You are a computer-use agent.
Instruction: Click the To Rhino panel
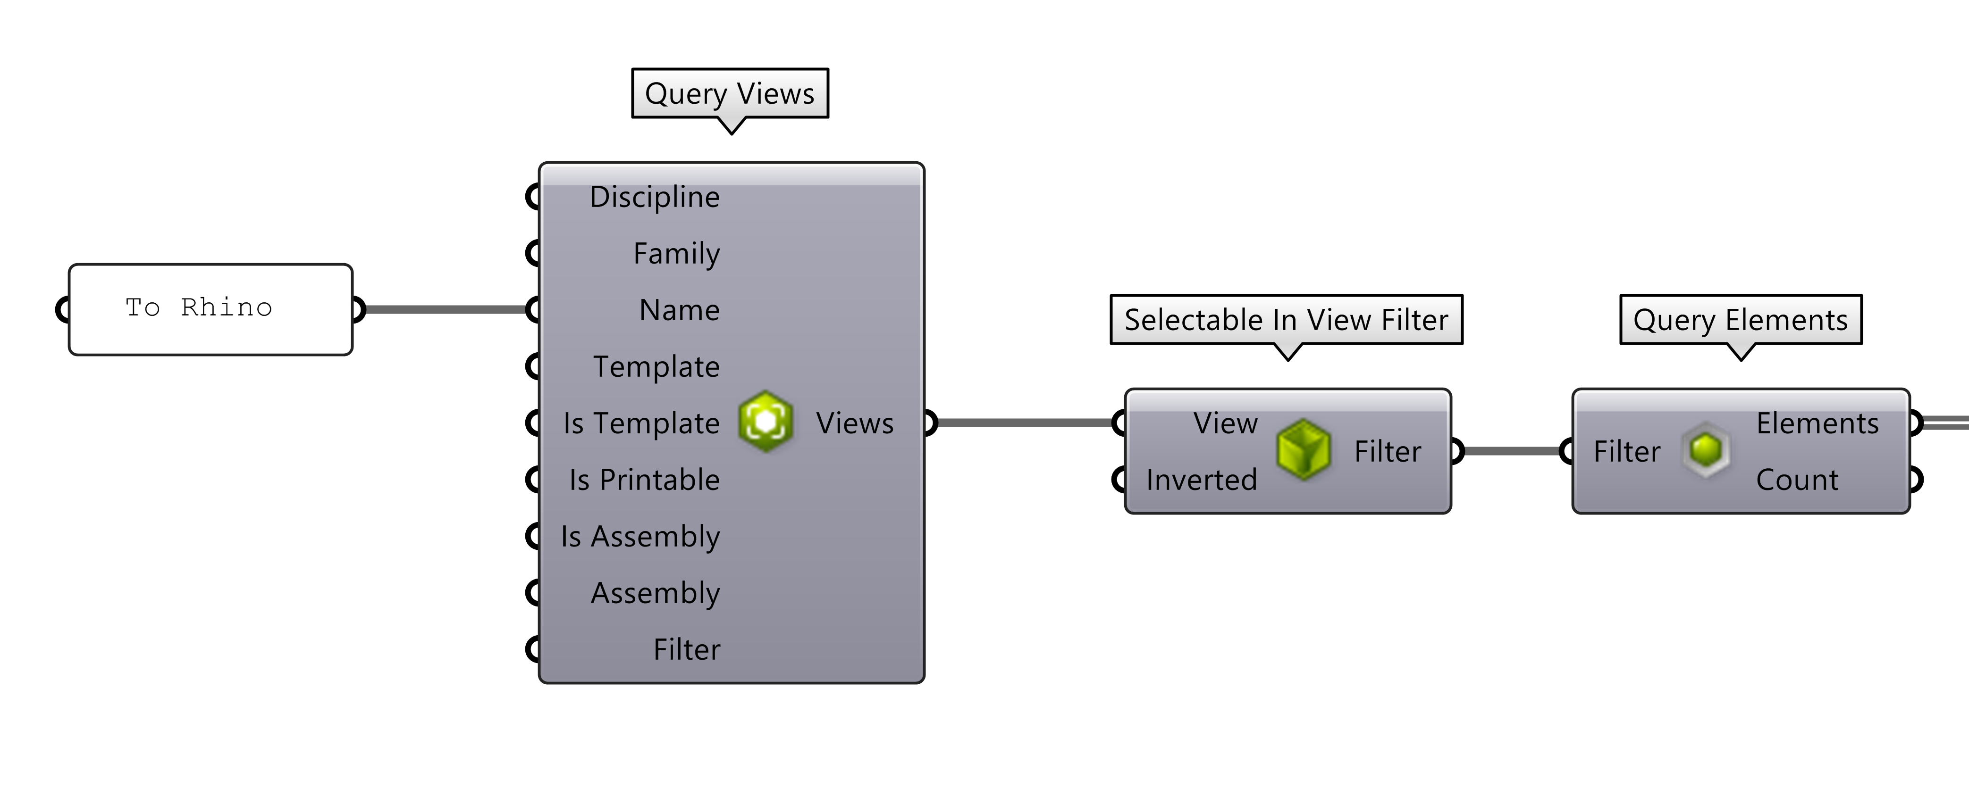(210, 309)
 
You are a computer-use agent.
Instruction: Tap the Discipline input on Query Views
(654, 197)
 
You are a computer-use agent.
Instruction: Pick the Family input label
(676, 254)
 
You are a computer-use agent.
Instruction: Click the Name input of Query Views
(679, 310)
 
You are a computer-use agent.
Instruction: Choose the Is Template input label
(641, 423)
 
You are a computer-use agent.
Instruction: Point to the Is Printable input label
(644, 480)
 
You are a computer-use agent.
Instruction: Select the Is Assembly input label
(640, 536)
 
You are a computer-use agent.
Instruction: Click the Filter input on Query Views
(686, 649)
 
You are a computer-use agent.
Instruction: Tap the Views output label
(855, 423)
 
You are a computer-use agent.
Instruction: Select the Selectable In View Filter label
(1287, 320)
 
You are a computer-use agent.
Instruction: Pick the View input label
(1225, 423)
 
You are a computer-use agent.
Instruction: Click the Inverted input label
(1202, 480)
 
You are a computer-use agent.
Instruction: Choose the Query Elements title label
(1741, 320)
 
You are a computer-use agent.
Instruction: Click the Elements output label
(1817, 423)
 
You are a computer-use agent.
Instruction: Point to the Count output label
(1797, 480)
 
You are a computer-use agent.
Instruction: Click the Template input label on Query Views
(656, 367)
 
